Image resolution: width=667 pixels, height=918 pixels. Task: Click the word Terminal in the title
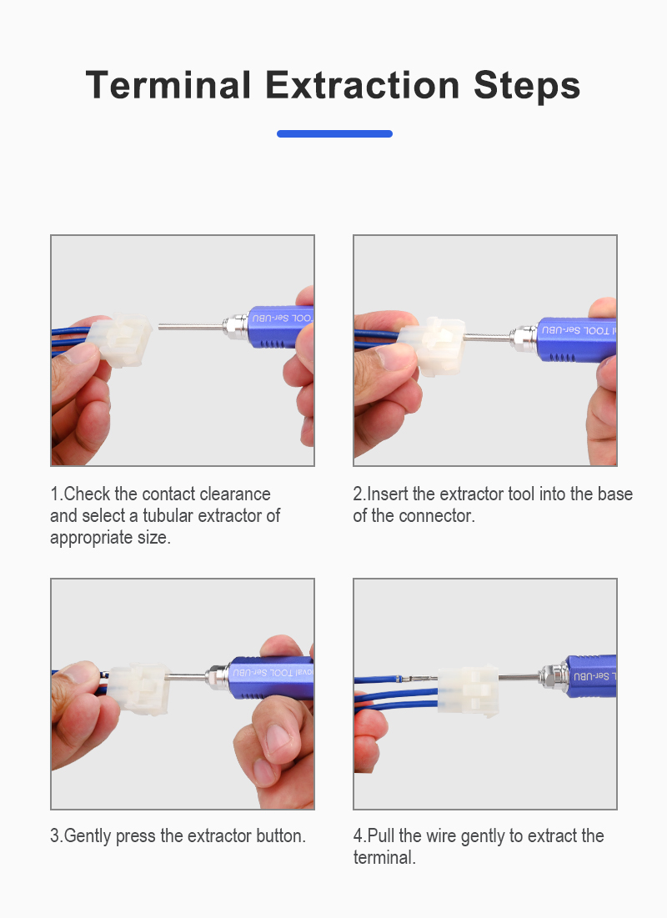168,85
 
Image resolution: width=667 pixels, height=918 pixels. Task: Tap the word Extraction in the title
363,85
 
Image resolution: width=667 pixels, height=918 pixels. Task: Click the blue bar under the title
334,133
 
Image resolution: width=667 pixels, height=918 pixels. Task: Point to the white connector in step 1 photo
122,339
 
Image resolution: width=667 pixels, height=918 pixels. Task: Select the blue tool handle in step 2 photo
576,339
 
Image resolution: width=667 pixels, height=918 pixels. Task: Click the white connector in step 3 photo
139,688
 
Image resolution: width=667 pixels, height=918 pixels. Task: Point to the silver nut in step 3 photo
218,677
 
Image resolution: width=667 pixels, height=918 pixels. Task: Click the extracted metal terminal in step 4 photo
416,680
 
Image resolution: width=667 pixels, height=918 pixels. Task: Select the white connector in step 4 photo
468,691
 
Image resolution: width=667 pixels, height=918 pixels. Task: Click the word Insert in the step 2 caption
388,494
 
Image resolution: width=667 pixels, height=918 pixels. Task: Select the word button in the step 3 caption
280,836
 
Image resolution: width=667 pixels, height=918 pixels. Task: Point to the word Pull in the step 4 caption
381,836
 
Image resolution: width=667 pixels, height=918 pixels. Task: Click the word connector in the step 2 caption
444,516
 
